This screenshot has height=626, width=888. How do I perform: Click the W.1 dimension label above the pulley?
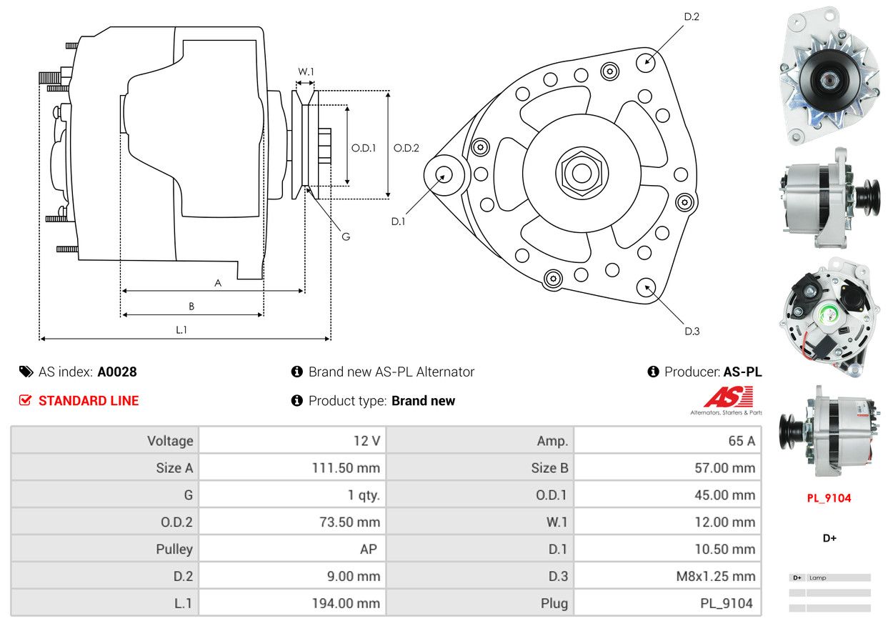[306, 71]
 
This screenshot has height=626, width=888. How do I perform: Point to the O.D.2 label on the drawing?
[406, 148]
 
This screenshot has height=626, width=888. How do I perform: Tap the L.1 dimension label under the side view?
[181, 329]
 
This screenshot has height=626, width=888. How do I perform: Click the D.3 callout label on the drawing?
[692, 331]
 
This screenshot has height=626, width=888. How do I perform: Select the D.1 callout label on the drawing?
[398, 222]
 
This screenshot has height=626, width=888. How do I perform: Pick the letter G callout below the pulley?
[346, 237]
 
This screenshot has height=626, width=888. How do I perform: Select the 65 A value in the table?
[741, 441]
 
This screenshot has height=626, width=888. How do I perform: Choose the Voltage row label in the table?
[170, 441]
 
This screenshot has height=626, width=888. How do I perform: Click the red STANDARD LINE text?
[89, 401]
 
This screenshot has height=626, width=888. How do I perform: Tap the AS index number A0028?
[117, 372]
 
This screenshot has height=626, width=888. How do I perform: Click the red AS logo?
[728, 397]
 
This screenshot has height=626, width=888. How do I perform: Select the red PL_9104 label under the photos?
[829, 498]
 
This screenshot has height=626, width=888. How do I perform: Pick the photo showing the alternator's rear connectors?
[829, 318]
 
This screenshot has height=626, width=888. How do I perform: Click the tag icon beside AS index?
[26, 372]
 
